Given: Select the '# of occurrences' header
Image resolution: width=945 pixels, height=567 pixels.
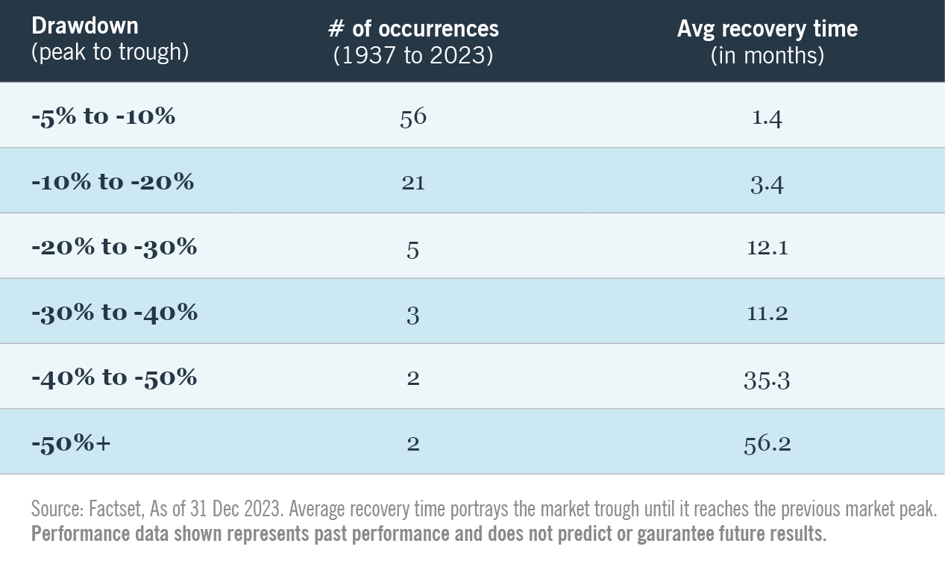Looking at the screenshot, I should pos(413,29).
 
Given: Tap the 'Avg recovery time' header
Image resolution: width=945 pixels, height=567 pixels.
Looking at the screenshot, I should pos(767,29).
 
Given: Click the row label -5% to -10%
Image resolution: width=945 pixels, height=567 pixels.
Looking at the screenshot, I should pos(103,117).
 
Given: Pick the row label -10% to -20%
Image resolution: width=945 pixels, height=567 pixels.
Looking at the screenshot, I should pos(113,182).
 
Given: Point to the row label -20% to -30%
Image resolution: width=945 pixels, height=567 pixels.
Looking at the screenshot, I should pos(114,247).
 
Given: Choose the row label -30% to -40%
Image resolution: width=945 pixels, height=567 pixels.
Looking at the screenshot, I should pos(114,313).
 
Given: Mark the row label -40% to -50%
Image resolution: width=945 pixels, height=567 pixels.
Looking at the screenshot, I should pos(114,378).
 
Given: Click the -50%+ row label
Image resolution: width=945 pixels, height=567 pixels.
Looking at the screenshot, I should pos(71,443).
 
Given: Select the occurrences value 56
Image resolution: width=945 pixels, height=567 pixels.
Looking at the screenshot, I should pos(412,118).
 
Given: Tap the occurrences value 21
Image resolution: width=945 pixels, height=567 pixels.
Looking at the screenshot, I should pos(412,183).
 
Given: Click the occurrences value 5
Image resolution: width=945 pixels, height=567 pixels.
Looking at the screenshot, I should pos(412,248).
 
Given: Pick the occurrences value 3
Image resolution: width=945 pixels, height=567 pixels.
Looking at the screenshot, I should pos(412,314).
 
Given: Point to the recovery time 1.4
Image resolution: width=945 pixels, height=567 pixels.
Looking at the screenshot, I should pos(767,118).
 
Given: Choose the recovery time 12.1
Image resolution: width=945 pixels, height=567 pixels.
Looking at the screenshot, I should pos(767,248).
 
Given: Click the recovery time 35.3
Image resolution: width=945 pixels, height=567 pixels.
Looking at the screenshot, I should pos(767,380).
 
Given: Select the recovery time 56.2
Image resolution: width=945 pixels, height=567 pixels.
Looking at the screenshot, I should pos(767,445).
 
